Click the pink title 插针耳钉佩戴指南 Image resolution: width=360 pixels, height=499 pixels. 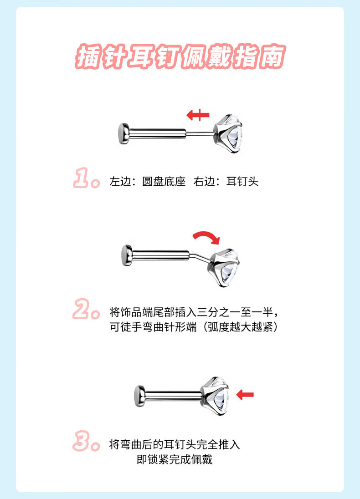(180, 56)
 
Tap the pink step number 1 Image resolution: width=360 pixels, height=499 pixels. (82, 178)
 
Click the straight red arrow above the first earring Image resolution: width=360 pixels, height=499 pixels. (198, 115)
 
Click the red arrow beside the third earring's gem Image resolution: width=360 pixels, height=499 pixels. (245, 395)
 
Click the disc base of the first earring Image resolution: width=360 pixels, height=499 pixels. (123, 134)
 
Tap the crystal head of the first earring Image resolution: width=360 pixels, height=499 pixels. (229, 134)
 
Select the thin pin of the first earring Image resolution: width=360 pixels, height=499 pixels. (201, 134)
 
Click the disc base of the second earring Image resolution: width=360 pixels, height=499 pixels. (127, 255)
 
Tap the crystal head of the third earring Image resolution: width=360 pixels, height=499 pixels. (215, 396)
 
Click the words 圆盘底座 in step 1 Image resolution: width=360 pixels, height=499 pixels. (164, 181)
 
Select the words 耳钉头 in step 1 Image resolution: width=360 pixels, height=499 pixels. (242, 181)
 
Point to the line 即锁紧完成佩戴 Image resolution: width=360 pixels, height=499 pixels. (175, 459)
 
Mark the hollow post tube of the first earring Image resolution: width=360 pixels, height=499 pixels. (158, 134)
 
